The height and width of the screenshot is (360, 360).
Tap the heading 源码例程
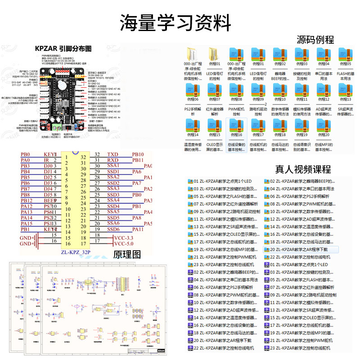315,40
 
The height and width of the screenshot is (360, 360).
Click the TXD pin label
113,154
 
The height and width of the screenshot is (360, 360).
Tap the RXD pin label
113,160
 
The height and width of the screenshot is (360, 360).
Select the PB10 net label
138,154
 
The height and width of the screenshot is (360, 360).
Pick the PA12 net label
27,206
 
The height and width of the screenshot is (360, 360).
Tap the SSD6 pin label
113,229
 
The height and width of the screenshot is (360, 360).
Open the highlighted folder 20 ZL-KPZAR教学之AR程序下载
299,249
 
